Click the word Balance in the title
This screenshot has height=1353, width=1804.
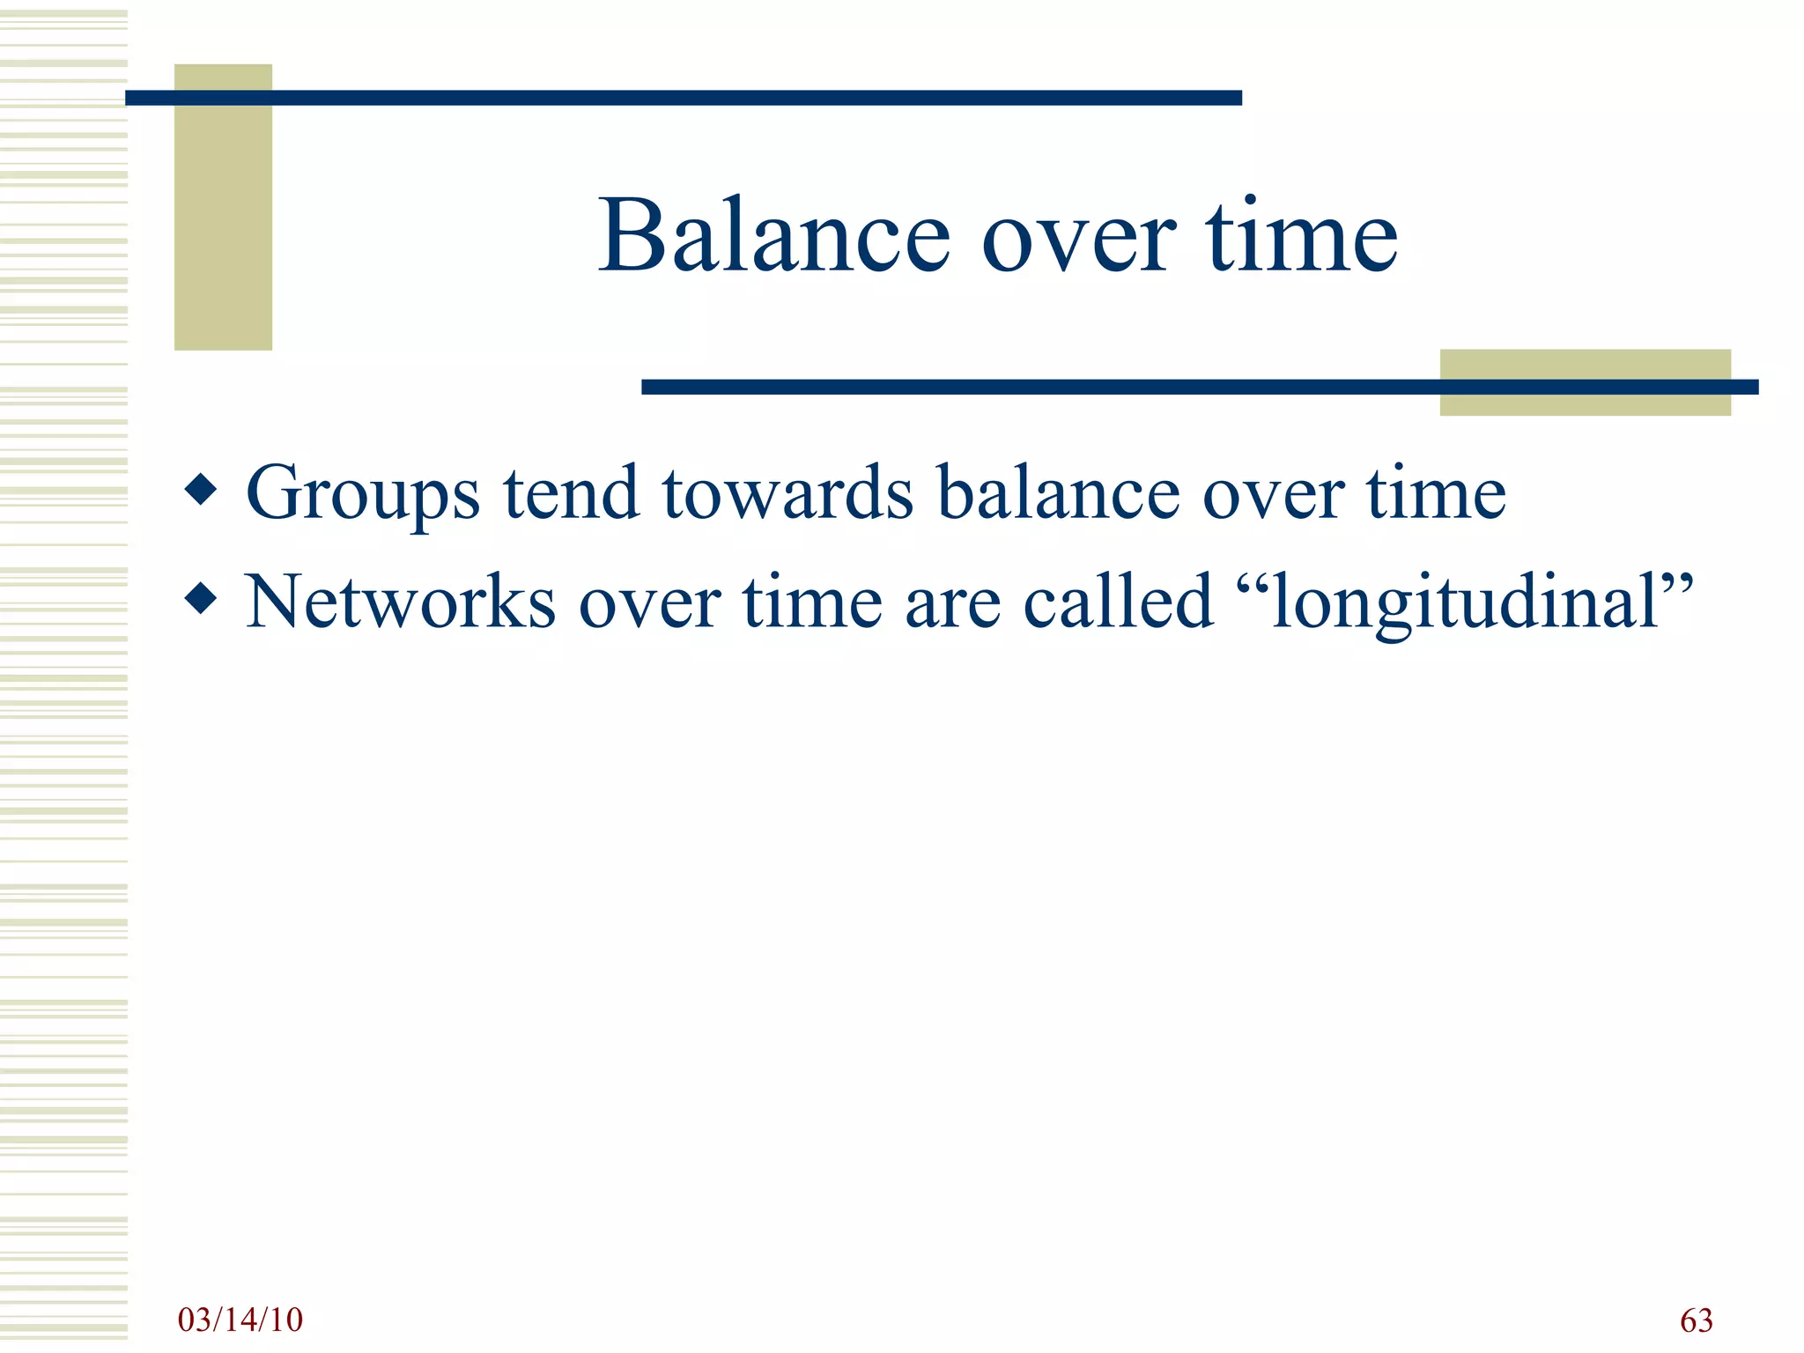tap(773, 236)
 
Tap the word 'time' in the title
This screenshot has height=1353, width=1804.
tap(1301, 236)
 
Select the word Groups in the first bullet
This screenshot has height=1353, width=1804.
tap(362, 493)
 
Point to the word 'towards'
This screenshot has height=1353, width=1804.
tap(787, 493)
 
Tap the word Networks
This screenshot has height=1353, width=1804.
tap(400, 603)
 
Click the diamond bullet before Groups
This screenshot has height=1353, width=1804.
tap(202, 490)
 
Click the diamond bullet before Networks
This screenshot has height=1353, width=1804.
tap(202, 599)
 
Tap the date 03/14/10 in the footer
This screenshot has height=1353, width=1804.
tap(240, 1320)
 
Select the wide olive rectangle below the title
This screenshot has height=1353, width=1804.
tap(1585, 403)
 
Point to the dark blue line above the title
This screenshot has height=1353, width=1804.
tap(683, 98)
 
